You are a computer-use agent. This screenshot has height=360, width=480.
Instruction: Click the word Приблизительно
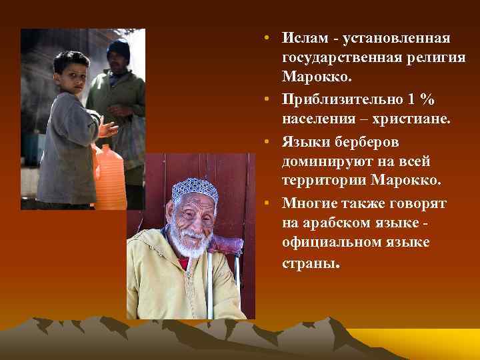(x=340, y=100)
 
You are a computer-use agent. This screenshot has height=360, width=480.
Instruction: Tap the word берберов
(x=363, y=141)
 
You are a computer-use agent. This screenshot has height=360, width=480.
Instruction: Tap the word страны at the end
(x=310, y=263)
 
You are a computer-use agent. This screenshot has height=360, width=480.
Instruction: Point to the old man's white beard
(x=190, y=243)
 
